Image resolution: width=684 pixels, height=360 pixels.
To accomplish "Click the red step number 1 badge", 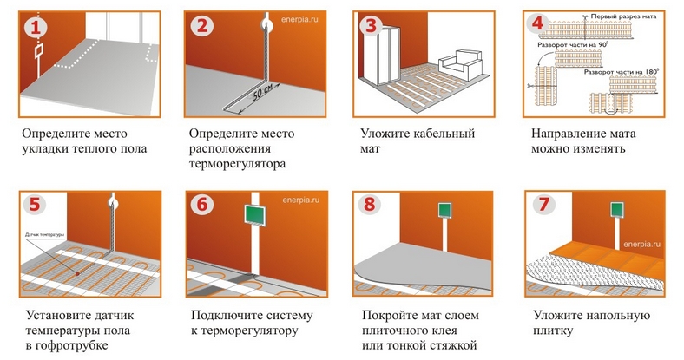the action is click(x=36, y=27).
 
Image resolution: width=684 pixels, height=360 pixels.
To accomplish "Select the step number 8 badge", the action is click(x=370, y=204).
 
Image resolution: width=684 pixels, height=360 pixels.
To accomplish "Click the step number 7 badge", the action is click(x=543, y=204).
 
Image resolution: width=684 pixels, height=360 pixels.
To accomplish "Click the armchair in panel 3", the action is click(x=461, y=64).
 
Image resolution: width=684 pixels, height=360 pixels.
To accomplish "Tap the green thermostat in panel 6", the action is click(x=255, y=215).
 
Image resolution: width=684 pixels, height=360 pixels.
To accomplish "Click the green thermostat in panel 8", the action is click(x=445, y=210).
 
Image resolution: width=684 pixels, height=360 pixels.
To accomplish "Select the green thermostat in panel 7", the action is click(x=618, y=209).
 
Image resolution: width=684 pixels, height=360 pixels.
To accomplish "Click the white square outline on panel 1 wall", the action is click(x=38, y=51).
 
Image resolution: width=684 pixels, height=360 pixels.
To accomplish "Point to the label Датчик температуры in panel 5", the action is click(x=45, y=235).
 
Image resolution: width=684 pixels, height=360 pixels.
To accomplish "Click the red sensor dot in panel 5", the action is click(x=77, y=274).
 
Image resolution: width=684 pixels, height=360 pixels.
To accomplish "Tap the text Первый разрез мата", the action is click(x=623, y=16).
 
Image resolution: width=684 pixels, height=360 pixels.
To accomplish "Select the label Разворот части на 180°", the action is click(x=622, y=72).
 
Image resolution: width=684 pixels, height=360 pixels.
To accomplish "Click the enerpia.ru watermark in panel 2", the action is click(x=299, y=20).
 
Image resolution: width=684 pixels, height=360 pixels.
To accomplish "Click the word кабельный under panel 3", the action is click(x=444, y=134).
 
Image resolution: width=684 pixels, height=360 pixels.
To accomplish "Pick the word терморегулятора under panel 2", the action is click(x=237, y=164).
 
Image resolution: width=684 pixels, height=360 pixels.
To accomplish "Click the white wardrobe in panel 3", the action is click(x=386, y=55).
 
